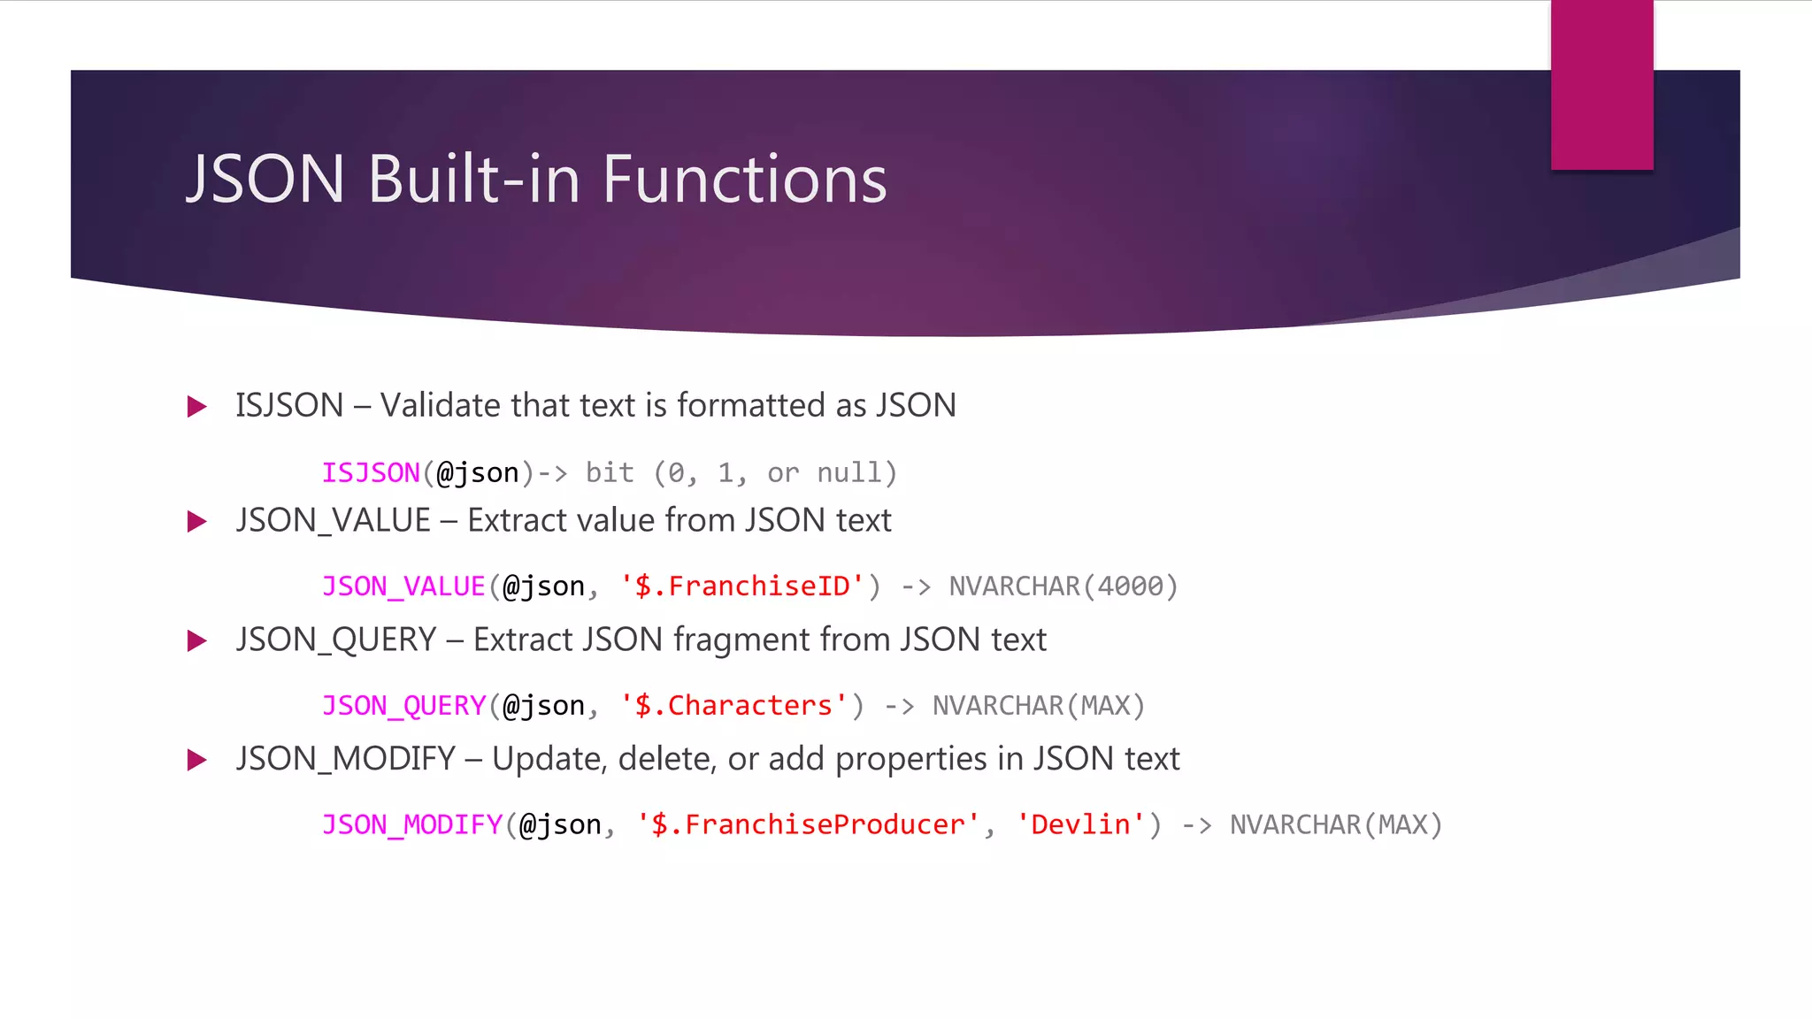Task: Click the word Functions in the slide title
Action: (x=744, y=180)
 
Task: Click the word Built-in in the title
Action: (x=473, y=180)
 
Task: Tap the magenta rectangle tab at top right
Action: (x=1601, y=85)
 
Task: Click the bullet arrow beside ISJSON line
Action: (x=197, y=407)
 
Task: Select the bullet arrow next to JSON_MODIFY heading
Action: (x=197, y=760)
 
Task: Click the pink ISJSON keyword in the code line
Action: (x=371, y=473)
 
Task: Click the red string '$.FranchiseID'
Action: (x=741, y=586)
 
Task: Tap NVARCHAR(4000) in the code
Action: (x=1063, y=586)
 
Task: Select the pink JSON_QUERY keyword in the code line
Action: (x=403, y=706)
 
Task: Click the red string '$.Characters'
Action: (x=733, y=706)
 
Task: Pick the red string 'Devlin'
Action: (x=1080, y=824)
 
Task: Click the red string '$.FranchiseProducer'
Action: (x=808, y=824)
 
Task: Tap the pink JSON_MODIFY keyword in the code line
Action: (x=412, y=824)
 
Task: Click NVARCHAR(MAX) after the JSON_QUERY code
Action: (x=1039, y=706)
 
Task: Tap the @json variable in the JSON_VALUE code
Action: (x=543, y=586)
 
